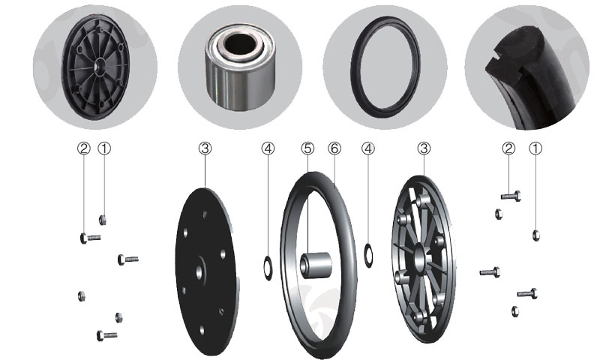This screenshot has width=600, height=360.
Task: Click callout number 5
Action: pos(307,148)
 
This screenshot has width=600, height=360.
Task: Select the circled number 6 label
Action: pos(334,148)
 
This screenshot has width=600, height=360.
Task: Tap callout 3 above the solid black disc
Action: pos(205,148)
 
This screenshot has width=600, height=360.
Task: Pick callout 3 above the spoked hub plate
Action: pos(424,148)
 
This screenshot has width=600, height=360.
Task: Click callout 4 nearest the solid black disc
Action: pos(268,148)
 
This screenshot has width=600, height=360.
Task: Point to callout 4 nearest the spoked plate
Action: pos(368,148)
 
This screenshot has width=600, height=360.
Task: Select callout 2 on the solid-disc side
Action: pos(84,148)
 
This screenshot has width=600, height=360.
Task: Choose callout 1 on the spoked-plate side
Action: pos(535,148)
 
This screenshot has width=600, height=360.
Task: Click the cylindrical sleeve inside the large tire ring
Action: pos(316,265)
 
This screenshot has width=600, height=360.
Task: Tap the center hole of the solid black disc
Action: pos(199,272)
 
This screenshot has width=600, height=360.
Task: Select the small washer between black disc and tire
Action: pos(268,268)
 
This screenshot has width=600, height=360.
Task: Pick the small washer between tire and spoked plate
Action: pos(368,255)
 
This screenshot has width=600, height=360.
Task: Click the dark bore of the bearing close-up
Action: pos(240,43)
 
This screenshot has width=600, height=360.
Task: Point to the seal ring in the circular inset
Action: pos(385,67)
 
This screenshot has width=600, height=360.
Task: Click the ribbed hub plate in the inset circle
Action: pos(96,67)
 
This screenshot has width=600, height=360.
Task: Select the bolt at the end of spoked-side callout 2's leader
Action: pos(511,196)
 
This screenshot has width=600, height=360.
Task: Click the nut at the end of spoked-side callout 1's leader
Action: pos(535,235)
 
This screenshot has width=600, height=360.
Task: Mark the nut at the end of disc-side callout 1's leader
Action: pos(103,220)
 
